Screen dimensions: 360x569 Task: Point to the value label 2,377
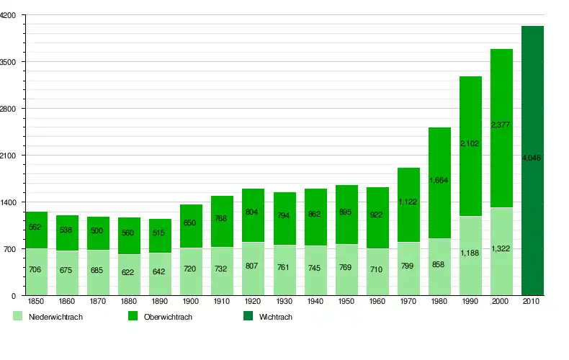point(501,125)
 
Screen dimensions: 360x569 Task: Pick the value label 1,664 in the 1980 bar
point(439,181)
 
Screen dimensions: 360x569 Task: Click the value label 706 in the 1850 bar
point(36,269)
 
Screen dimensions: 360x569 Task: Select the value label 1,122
point(408,202)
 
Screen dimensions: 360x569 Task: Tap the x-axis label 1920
point(254,302)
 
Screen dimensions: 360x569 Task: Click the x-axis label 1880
point(130,302)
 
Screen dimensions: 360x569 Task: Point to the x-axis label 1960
point(377,302)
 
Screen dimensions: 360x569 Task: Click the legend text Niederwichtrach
point(55,317)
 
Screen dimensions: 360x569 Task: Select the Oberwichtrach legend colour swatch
point(133,316)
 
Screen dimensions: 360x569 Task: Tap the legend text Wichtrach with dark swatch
point(276,317)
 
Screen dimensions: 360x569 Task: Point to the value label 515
point(160,233)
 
